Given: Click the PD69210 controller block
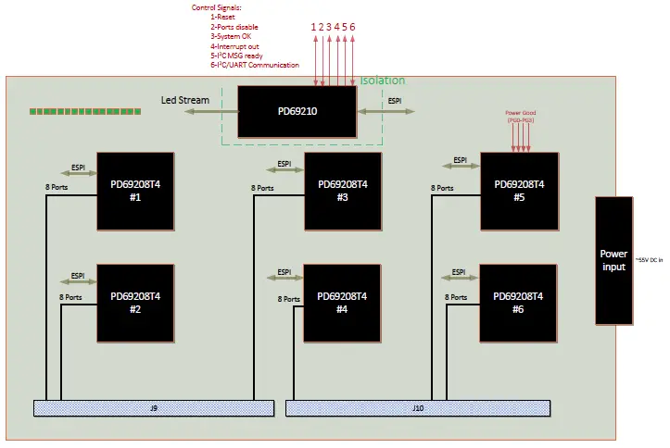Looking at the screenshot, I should point(297,112).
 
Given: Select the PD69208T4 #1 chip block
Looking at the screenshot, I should point(135,190).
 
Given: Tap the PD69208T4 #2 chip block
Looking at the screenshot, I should point(135,303).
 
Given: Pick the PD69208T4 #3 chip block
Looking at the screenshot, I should point(343,190).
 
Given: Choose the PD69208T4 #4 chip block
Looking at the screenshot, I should point(343,303).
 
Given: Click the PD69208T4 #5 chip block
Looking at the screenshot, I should point(519,190).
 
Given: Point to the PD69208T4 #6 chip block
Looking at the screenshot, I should point(519,303).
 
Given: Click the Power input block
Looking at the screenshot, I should point(613,260).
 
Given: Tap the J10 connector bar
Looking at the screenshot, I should point(418,407).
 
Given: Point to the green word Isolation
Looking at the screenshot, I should point(382,81).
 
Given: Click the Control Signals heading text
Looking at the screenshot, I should point(216,7).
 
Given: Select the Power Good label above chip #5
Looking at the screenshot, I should point(521,116).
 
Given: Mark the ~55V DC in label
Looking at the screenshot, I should point(650,261).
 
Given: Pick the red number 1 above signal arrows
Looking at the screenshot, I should point(313,27).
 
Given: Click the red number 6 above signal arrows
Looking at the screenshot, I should point(352,27).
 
